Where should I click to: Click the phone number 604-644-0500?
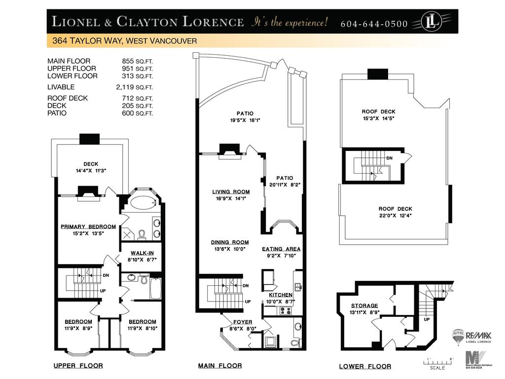click(374, 24)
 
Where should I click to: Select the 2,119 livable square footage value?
click(125, 87)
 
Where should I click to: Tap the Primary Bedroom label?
click(88, 227)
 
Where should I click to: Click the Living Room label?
click(231, 191)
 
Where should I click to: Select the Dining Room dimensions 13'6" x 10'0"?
click(230, 249)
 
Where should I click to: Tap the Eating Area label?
click(281, 249)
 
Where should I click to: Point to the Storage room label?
click(364, 305)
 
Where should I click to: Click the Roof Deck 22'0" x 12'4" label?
click(395, 212)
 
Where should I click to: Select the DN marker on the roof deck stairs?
click(390, 157)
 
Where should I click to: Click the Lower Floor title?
click(365, 367)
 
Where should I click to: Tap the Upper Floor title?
click(78, 366)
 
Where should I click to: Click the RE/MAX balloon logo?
click(458, 337)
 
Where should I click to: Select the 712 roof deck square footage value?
click(127, 98)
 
